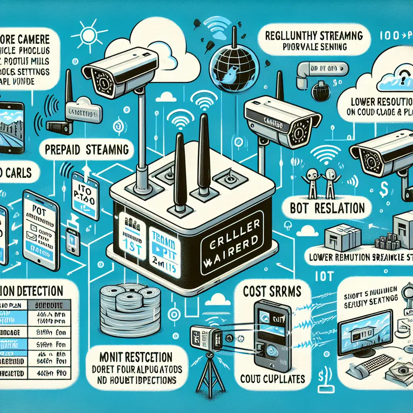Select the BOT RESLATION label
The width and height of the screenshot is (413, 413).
[328, 208]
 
